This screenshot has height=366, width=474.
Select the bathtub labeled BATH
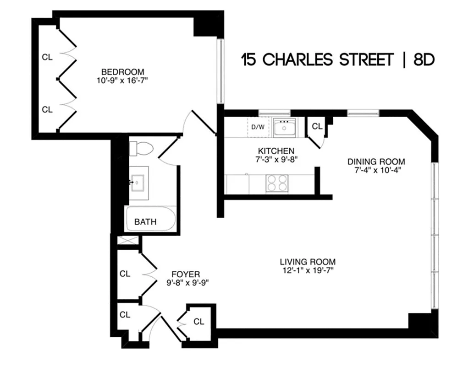(150, 221)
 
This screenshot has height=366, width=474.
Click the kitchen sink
(284, 128)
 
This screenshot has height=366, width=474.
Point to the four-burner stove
(277, 183)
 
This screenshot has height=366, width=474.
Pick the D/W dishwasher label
(258, 127)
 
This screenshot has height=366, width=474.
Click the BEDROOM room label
(122, 72)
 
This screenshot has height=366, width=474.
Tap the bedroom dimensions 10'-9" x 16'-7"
(122, 80)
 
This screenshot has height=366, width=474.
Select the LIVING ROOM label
(308, 262)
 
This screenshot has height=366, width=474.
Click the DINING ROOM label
(376, 161)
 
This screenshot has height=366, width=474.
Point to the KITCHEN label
(276, 151)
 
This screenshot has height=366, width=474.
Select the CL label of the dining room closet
(317, 126)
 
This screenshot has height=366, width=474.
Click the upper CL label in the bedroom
(47, 57)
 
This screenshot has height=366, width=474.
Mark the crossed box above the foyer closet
(128, 241)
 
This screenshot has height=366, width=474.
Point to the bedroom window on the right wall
(220, 71)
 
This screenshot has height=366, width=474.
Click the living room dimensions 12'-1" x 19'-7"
(308, 270)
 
